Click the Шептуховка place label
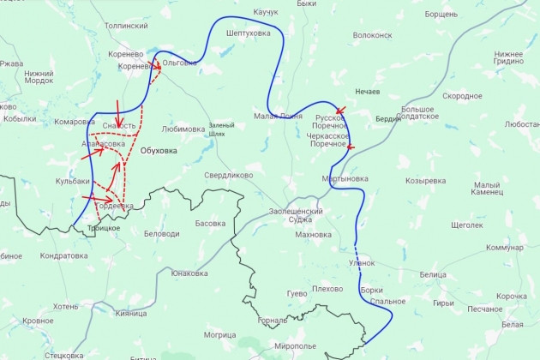pyautogui.click(x=248, y=33)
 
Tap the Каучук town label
pyautogui.click(x=267, y=13)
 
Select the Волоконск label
pyautogui.click(x=372, y=36)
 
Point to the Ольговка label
pyautogui.click(x=179, y=63)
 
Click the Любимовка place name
pyautogui.click(x=183, y=129)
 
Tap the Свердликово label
pyautogui.click(x=228, y=175)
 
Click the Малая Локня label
pyautogui.click(x=278, y=116)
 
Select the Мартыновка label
pyautogui.click(x=345, y=179)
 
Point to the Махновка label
pyautogui.click(x=313, y=234)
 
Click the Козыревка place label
pyautogui.click(x=426, y=181)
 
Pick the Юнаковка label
pyautogui.click(x=189, y=273)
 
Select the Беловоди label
pyautogui.click(x=161, y=234)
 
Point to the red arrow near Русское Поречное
pyautogui.click(x=341, y=111)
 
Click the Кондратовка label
pyautogui.click(x=64, y=255)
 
